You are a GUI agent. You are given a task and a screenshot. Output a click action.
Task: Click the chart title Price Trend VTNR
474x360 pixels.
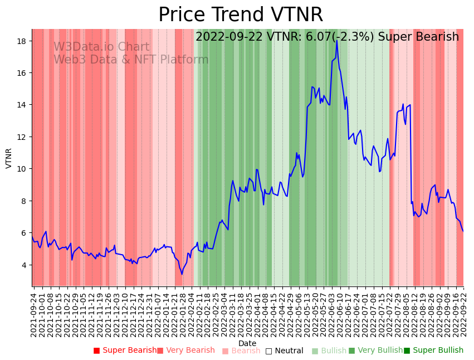(x=240, y=15)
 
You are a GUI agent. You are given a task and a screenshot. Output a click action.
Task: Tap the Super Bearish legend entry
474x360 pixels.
(x=125, y=351)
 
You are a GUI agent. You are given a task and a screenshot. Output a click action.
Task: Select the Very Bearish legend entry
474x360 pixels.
(x=186, y=351)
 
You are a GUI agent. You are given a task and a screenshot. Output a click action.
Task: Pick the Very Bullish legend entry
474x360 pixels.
(x=375, y=351)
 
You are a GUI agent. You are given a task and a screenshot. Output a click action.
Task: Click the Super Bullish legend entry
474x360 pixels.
(x=434, y=351)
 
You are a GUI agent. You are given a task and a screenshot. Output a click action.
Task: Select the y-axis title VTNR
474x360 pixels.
(x=9, y=158)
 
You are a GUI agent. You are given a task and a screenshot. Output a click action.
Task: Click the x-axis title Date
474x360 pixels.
(x=247, y=343)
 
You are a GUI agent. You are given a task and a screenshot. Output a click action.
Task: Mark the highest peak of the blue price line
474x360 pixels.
(x=336, y=40)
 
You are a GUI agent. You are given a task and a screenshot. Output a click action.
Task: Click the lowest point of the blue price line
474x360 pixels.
(x=182, y=274)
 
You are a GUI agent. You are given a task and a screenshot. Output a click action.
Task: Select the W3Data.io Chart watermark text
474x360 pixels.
(x=101, y=47)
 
